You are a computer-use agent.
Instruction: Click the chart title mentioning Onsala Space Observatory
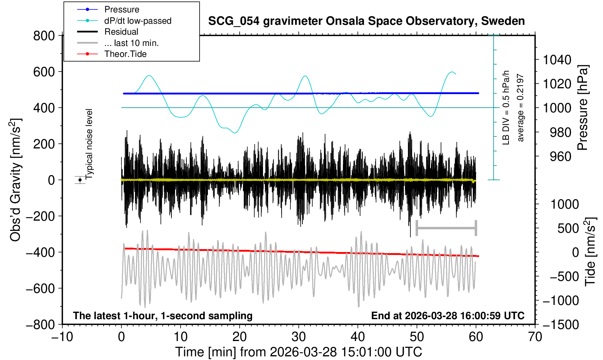click(x=366, y=21)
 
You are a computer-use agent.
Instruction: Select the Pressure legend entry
click(x=121, y=9)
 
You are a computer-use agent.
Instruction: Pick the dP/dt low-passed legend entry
click(x=138, y=21)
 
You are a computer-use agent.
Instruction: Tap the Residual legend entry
click(x=121, y=32)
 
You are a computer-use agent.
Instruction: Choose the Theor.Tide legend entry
click(x=125, y=54)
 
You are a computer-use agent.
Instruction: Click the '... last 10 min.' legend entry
click(x=131, y=43)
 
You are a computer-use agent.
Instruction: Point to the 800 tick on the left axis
click(x=44, y=36)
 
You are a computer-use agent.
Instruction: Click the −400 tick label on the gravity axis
click(x=40, y=252)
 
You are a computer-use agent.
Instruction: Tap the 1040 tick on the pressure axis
click(x=557, y=60)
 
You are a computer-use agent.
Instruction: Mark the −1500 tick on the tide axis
click(x=561, y=324)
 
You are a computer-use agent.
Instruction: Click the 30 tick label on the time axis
click(x=298, y=337)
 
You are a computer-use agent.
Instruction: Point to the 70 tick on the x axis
click(x=535, y=337)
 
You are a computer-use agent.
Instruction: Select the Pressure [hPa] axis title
click(x=583, y=108)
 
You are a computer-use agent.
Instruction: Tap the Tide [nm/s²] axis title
click(x=590, y=252)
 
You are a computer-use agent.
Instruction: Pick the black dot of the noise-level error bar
click(x=80, y=180)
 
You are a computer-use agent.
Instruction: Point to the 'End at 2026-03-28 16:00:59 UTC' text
click(x=448, y=316)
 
